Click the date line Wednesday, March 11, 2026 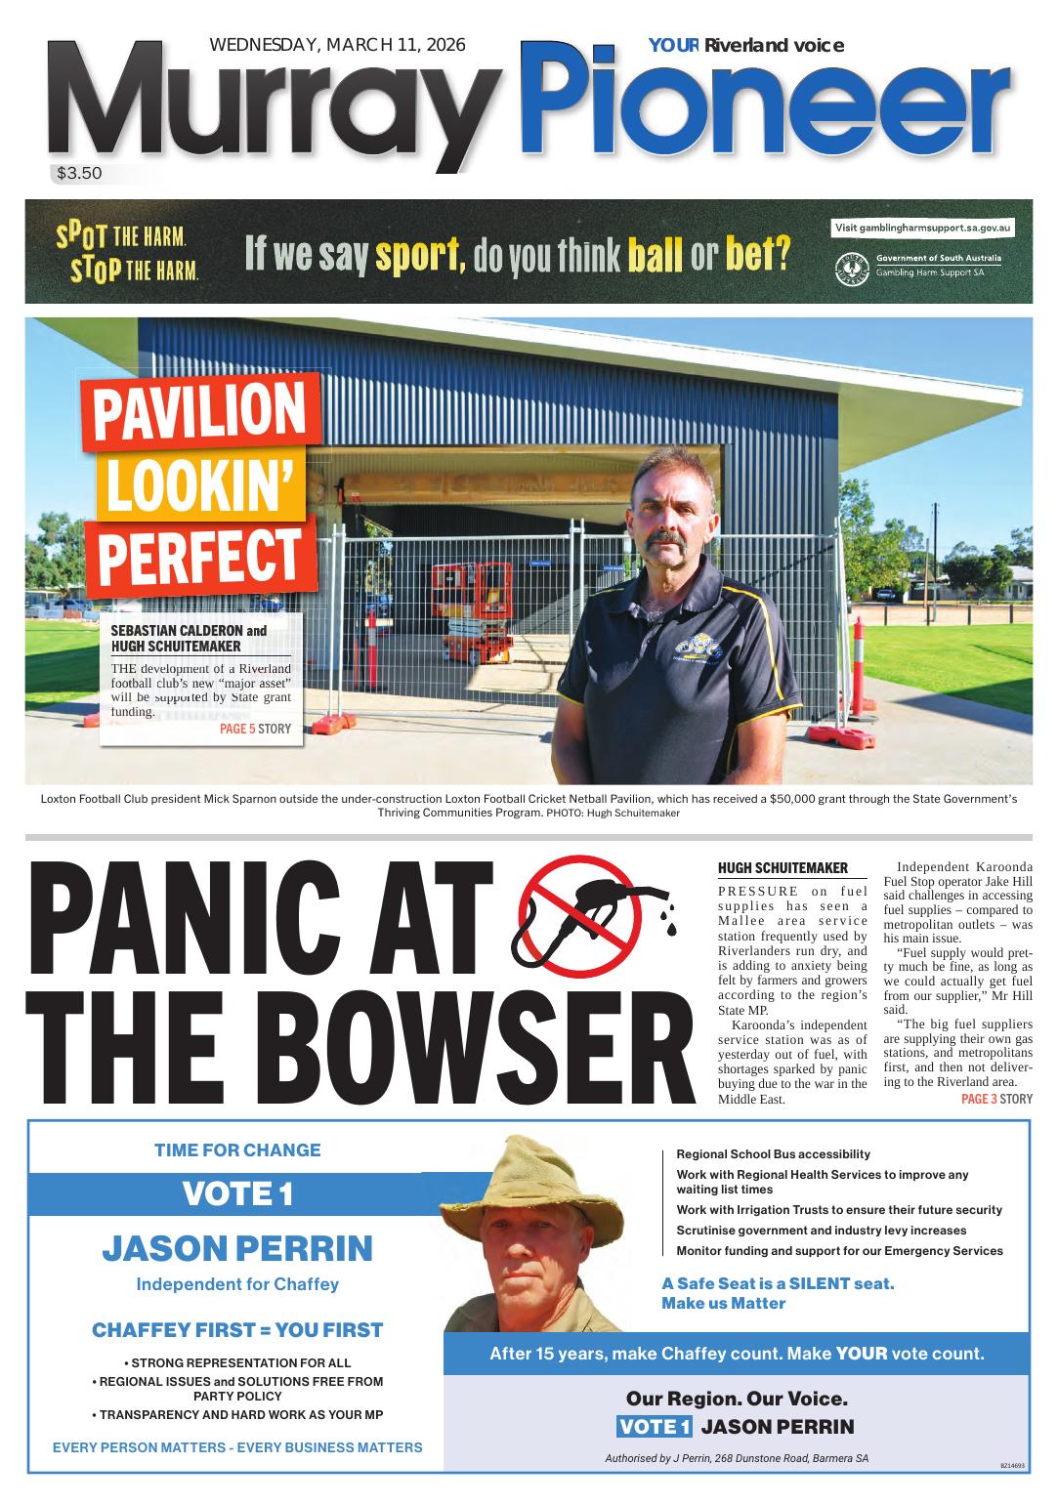(337, 45)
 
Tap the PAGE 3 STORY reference (995, 1099)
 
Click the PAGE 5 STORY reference (255, 728)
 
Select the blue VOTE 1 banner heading (237, 1193)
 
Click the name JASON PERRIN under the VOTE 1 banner (237, 1248)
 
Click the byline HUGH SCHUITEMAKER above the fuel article (783, 867)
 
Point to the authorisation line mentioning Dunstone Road (736, 1458)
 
